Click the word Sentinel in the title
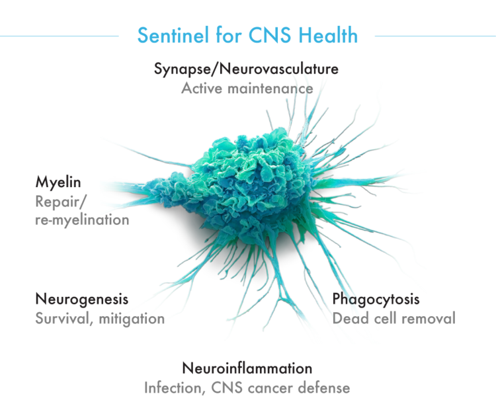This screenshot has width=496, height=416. tap(173, 35)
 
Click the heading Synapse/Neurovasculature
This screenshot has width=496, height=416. tap(246, 69)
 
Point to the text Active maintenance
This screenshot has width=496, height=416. tap(247, 88)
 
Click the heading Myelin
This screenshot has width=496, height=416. tap(58, 183)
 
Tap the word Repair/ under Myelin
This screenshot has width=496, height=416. tap(60, 202)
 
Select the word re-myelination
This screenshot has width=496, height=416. tap(82, 220)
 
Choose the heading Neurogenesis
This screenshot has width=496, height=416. tap(82, 299)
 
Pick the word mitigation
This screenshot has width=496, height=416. tap(132, 319)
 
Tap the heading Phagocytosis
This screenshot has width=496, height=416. tap(376, 299)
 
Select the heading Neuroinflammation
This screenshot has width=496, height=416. tap(247, 368)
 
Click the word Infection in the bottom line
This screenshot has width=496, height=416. tap(173, 388)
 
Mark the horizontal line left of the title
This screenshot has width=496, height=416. tap(59, 36)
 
